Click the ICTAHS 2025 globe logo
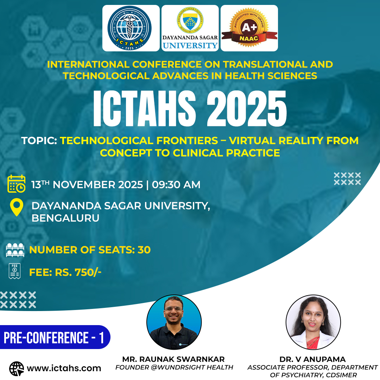[129, 28]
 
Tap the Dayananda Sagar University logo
[190, 28]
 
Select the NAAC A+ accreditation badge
[249, 27]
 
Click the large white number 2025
[247, 108]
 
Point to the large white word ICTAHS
[145, 108]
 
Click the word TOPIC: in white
[39, 140]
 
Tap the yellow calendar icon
[17, 184]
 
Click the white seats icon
[15, 250]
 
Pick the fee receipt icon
[14, 271]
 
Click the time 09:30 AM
[176, 185]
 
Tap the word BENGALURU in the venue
[65, 218]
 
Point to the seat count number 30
[144, 250]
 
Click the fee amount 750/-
[88, 272]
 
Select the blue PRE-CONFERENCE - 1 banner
[55, 337]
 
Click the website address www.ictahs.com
[64, 368]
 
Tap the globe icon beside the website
[17, 369]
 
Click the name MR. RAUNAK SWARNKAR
[173, 359]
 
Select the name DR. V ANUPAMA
[312, 359]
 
